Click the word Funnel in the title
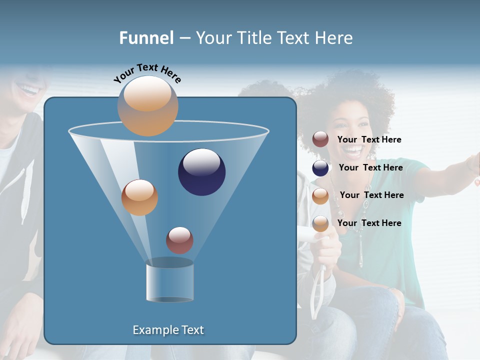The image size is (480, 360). click(146, 38)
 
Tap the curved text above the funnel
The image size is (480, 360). click(147, 73)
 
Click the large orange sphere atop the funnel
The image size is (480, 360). click(147, 105)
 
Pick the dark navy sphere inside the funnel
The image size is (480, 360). click(201, 171)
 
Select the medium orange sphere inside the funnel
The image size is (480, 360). click(139, 197)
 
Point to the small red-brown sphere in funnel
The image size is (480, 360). click(179, 240)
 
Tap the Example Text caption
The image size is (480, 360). click(168, 330)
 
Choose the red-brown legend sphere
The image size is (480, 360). click(320, 139)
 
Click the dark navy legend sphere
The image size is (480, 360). click(320, 168)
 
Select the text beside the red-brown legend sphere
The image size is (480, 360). click(369, 140)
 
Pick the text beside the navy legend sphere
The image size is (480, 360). click(370, 167)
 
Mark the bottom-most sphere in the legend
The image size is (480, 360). click(320, 223)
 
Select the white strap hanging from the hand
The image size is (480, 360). click(318, 295)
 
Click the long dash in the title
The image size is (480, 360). click(184, 38)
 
